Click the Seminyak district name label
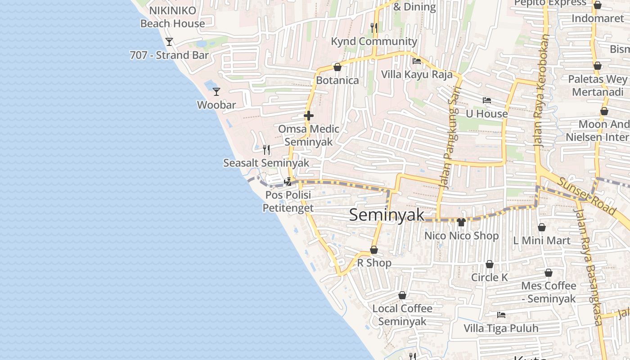[387, 215]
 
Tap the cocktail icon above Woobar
[216, 91]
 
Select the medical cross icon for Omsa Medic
[309, 116]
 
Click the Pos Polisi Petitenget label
[288, 201]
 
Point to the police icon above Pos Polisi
[288, 182]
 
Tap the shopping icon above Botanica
[337, 67]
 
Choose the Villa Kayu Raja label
[417, 74]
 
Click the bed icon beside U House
[486, 100]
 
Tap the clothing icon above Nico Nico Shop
[461, 222]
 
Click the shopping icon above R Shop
[374, 250]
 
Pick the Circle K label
[489, 277]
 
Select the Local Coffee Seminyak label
[402, 315]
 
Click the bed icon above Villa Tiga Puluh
[501, 315]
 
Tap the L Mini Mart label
[542, 240]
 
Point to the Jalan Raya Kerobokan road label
[542, 90]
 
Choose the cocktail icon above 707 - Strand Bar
[169, 42]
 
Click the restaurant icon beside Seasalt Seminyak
[266, 149]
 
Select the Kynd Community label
[374, 41]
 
